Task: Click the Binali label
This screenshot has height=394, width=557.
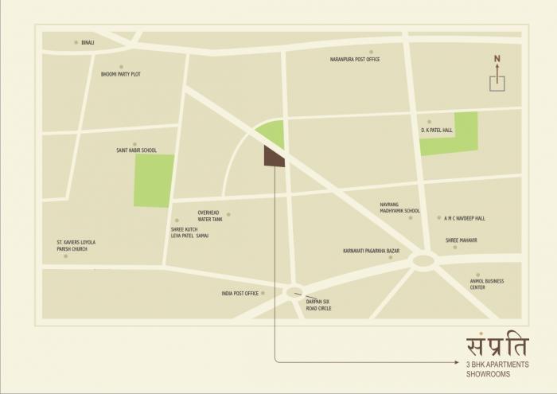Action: (88, 42)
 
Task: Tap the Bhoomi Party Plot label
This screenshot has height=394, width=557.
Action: (121, 74)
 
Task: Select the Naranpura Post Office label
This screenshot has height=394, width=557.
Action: (355, 60)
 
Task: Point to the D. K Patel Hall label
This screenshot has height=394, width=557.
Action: (437, 130)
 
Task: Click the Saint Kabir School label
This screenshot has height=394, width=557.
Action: (137, 150)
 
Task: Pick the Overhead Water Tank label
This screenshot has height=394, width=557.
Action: (210, 216)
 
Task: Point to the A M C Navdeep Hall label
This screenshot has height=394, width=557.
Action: (465, 218)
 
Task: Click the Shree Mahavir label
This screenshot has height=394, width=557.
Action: (462, 240)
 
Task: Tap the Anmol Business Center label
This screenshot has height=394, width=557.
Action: (486, 284)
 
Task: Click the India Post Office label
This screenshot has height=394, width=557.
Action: (240, 294)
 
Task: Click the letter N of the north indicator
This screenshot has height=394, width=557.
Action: (497, 58)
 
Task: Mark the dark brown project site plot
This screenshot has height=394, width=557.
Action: (273, 157)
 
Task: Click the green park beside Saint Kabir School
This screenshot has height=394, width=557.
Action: (154, 181)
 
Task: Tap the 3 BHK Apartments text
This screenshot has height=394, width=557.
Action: (497, 364)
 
